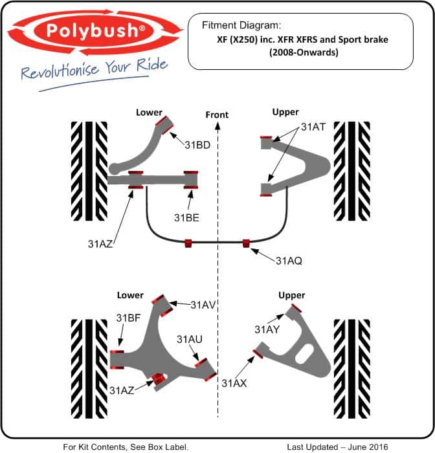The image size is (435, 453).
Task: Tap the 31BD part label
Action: tap(197, 145)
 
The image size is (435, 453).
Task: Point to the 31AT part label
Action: tap(313, 128)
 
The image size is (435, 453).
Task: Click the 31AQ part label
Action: tap(289, 261)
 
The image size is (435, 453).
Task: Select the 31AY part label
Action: tap(266, 330)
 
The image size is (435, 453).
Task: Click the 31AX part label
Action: tap(234, 382)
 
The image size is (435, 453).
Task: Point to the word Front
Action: tap(217, 115)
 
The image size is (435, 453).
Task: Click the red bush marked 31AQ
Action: tap(247, 243)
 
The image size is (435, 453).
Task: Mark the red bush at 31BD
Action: tap(169, 123)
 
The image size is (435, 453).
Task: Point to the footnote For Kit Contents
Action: tap(126, 447)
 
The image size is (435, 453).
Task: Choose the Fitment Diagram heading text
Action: tap(241, 26)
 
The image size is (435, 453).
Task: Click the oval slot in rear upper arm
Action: tap(302, 358)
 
